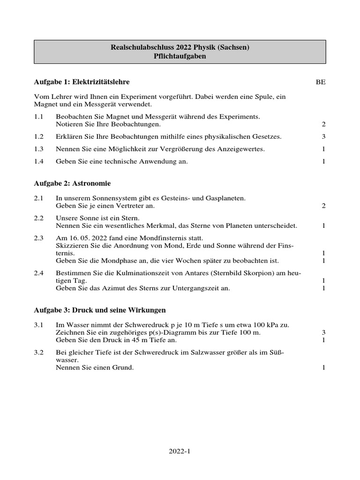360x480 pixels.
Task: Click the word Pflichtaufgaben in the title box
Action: pos(180,56)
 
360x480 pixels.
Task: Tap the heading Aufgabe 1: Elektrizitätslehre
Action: pos(82,82)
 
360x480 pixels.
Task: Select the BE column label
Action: pos(321,82)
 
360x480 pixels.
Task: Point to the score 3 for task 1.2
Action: pos(323,136)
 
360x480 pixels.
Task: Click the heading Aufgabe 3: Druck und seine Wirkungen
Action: pos(100,310)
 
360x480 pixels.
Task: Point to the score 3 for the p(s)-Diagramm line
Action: pos(323,332)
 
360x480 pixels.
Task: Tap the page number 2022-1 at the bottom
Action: pos(180,452)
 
